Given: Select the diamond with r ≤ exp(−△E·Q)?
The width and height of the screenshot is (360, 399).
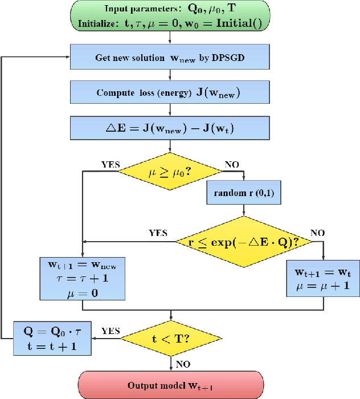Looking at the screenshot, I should [244, 242].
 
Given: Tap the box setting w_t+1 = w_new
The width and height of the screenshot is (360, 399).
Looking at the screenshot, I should [83, 278].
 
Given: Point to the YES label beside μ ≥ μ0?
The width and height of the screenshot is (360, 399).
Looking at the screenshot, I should [111, 164].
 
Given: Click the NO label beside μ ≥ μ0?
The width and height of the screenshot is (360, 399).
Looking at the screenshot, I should [232, 164].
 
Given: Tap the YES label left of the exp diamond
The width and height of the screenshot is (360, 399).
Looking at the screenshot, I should [158, 233].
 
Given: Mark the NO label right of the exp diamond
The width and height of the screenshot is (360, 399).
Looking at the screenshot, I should [317, 233].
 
